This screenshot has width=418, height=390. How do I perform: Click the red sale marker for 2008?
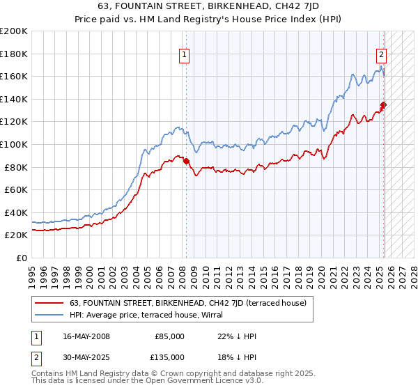186,162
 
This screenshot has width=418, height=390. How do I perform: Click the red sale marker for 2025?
384,105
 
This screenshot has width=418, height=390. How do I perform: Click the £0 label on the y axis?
21,258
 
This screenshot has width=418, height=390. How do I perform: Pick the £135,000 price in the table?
169,357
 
